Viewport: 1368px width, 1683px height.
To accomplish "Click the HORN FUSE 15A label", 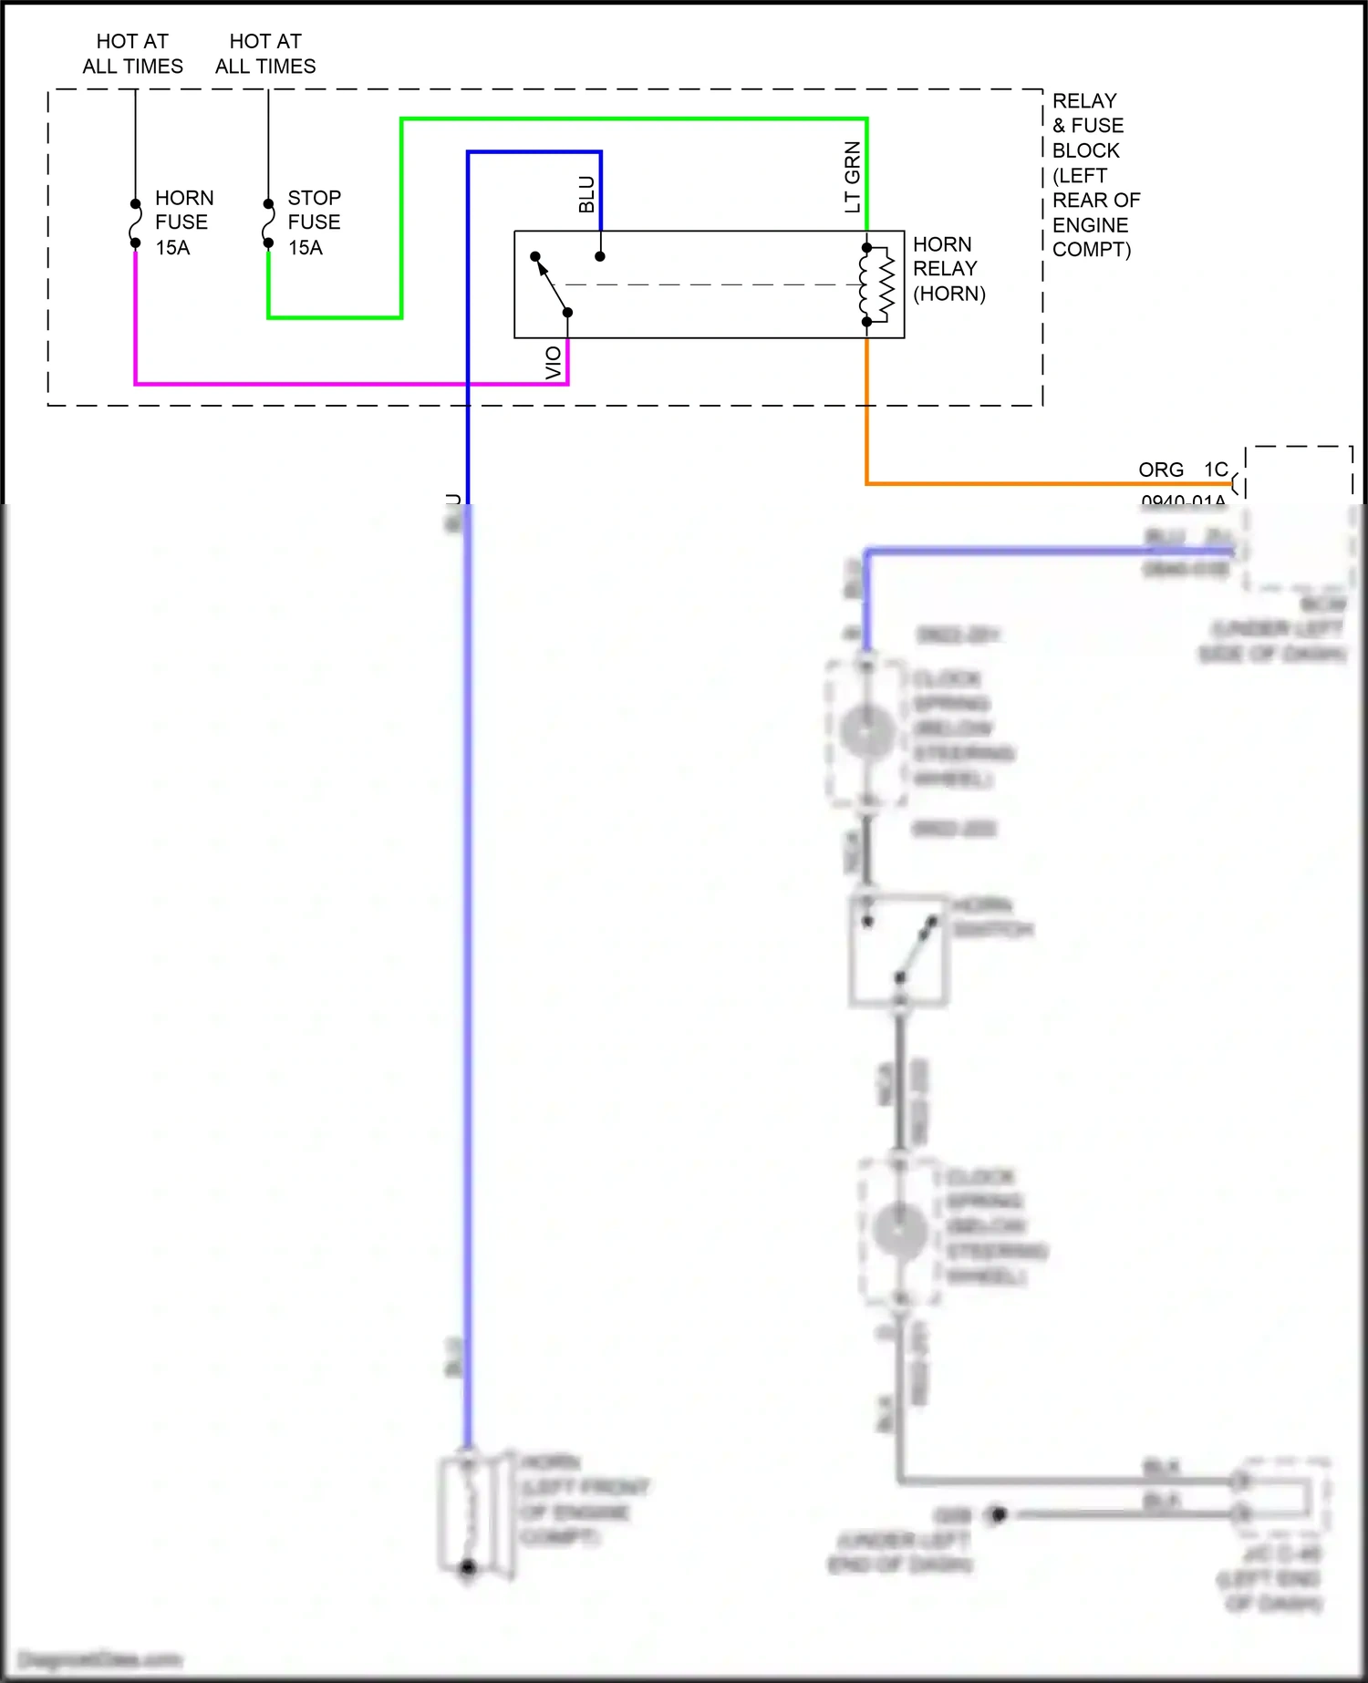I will click(x=183, y=222).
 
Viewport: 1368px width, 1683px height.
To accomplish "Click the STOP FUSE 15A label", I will click(x=314, y=222).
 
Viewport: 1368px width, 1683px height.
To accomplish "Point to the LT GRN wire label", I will click(x=853, y=177).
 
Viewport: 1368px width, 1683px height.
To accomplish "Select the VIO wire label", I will click(x=554, y=363).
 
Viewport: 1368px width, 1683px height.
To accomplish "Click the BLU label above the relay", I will click(x=586, y=194).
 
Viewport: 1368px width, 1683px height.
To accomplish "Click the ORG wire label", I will click(x=1160, y=470).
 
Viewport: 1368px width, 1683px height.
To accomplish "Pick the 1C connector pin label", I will click(x=1215, y=470).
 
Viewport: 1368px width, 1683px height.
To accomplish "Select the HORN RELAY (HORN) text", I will click(x=948, y=269).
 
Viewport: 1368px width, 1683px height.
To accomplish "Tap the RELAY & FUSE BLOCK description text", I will click(x=1095, y=175).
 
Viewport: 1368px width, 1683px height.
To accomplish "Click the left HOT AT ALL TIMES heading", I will click(x=132, y=54).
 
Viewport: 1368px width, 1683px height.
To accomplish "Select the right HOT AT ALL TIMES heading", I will click(x=265, y=54).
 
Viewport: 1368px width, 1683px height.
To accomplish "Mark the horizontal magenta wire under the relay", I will click(x=347, y=384).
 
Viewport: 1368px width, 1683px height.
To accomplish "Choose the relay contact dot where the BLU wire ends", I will click(x=600, y=256).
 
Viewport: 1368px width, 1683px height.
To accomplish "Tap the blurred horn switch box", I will click(x=898, y=950).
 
